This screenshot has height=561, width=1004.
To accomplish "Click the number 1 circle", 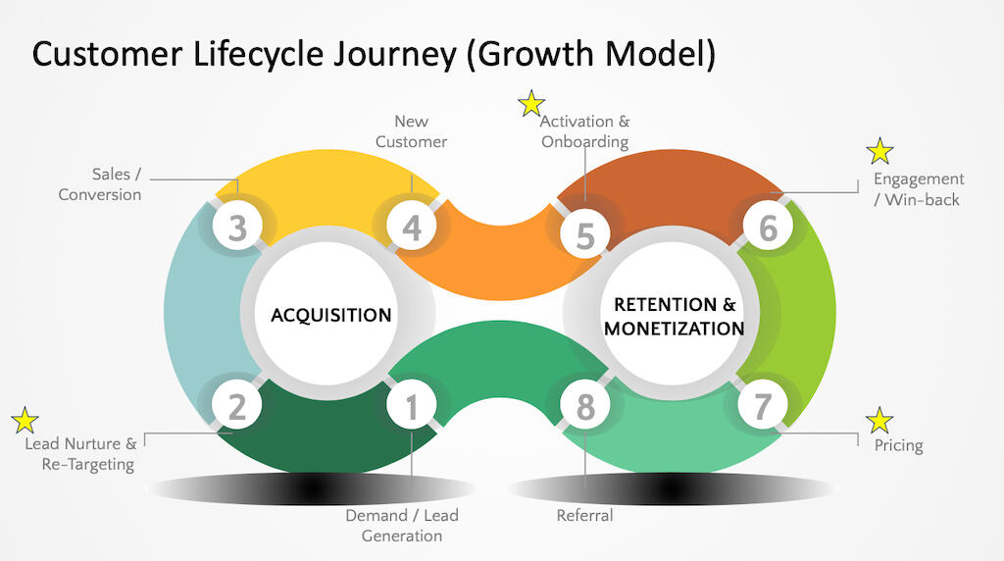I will [412, 406].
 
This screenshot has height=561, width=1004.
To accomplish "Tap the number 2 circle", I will [237, 406].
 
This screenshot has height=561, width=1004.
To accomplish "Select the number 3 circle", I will [237, 229].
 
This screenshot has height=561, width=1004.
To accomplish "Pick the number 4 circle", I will [412, 229].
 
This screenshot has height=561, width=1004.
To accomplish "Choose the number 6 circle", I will [768, 229].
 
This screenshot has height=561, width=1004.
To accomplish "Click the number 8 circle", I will [585, 406].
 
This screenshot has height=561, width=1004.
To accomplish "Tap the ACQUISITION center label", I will [331, 315].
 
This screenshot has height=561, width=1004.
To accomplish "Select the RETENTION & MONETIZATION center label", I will [674, 316].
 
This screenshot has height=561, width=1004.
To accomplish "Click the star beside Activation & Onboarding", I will [531, 103].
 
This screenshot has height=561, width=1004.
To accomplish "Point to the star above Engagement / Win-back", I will [879, 151].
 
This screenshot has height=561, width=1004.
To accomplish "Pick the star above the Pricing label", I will [879, 421].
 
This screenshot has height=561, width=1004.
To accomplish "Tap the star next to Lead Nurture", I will [25, 421].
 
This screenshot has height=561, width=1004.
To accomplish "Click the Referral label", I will [584, 516].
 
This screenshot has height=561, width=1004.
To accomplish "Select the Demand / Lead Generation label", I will [402, 526].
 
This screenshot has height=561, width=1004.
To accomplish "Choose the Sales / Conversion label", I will [100, 184].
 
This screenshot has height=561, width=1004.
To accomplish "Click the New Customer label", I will [412, 131].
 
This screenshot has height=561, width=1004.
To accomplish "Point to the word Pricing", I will [899, 445].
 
